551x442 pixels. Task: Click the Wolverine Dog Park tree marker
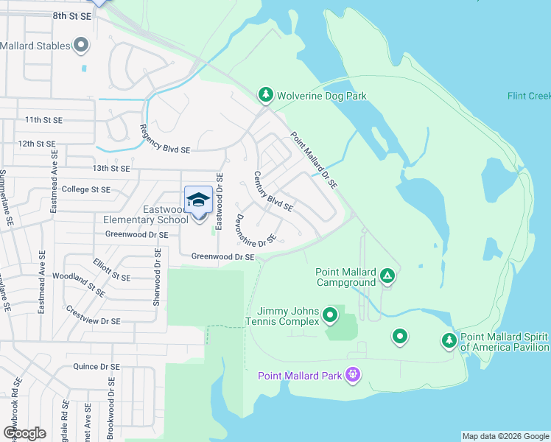(265, 95)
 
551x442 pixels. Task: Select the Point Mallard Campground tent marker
(387, 277)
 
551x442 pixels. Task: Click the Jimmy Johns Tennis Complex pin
(330, 315)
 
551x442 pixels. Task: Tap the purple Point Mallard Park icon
(354, 376)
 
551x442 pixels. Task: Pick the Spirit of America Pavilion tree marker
(449, 340)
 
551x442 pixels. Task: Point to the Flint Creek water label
(529, 96)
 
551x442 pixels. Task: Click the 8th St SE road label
(71, 15)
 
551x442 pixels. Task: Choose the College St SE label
(85, 189)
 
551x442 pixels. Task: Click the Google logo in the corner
(24, 433)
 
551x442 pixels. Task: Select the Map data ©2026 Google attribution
(505, 436)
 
